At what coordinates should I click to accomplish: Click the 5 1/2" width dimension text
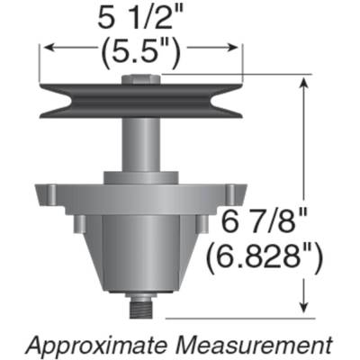coord(142,17)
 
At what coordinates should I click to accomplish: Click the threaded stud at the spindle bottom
coord(141,309)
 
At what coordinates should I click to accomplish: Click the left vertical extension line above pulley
coord(40,63)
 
